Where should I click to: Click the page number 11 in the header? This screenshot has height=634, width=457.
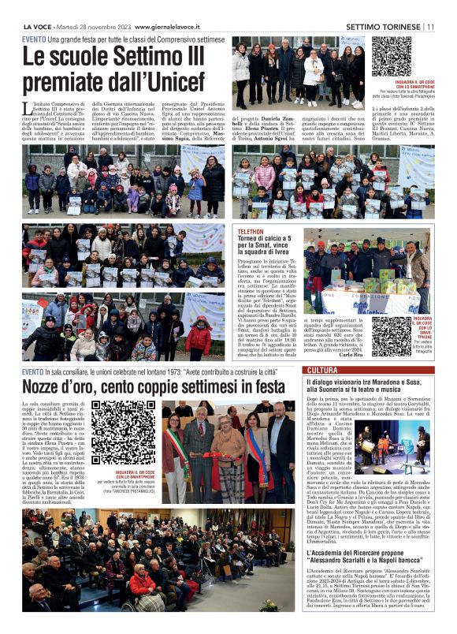(x=430, y=26)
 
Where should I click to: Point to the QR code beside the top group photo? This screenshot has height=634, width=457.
(x=391, y=57)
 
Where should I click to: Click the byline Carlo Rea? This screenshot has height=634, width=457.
(x=351, y=356)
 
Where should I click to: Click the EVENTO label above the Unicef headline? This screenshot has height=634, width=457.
(x=33, y=39)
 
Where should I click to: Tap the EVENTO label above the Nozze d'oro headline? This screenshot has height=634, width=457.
(x=33, y=371)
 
